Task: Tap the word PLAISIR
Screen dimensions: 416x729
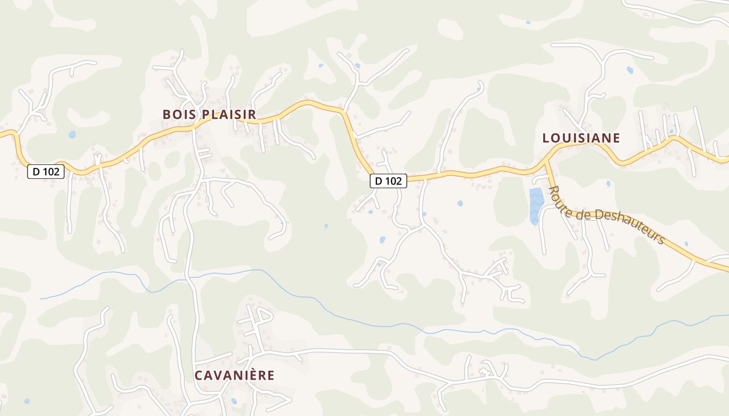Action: (x=229, y=114)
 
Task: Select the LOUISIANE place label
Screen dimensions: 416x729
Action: (x=581, y=138)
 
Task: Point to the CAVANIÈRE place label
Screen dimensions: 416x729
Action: (x=234, y=375)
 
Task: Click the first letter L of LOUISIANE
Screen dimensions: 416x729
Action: (x=546, y=138)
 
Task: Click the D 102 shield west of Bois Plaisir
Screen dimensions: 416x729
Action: (x=46, y=171)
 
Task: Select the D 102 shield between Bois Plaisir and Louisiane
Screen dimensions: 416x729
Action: (x=388, y=181)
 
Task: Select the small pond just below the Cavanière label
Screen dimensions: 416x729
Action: (x=234, y=401)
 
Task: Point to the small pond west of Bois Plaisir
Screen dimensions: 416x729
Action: (x=72, y=135)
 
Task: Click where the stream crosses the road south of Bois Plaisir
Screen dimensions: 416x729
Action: (x=189, y=278)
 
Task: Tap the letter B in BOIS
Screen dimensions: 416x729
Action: (x=167, y=114)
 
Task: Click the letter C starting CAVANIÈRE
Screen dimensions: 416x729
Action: (x=198, y=375)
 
